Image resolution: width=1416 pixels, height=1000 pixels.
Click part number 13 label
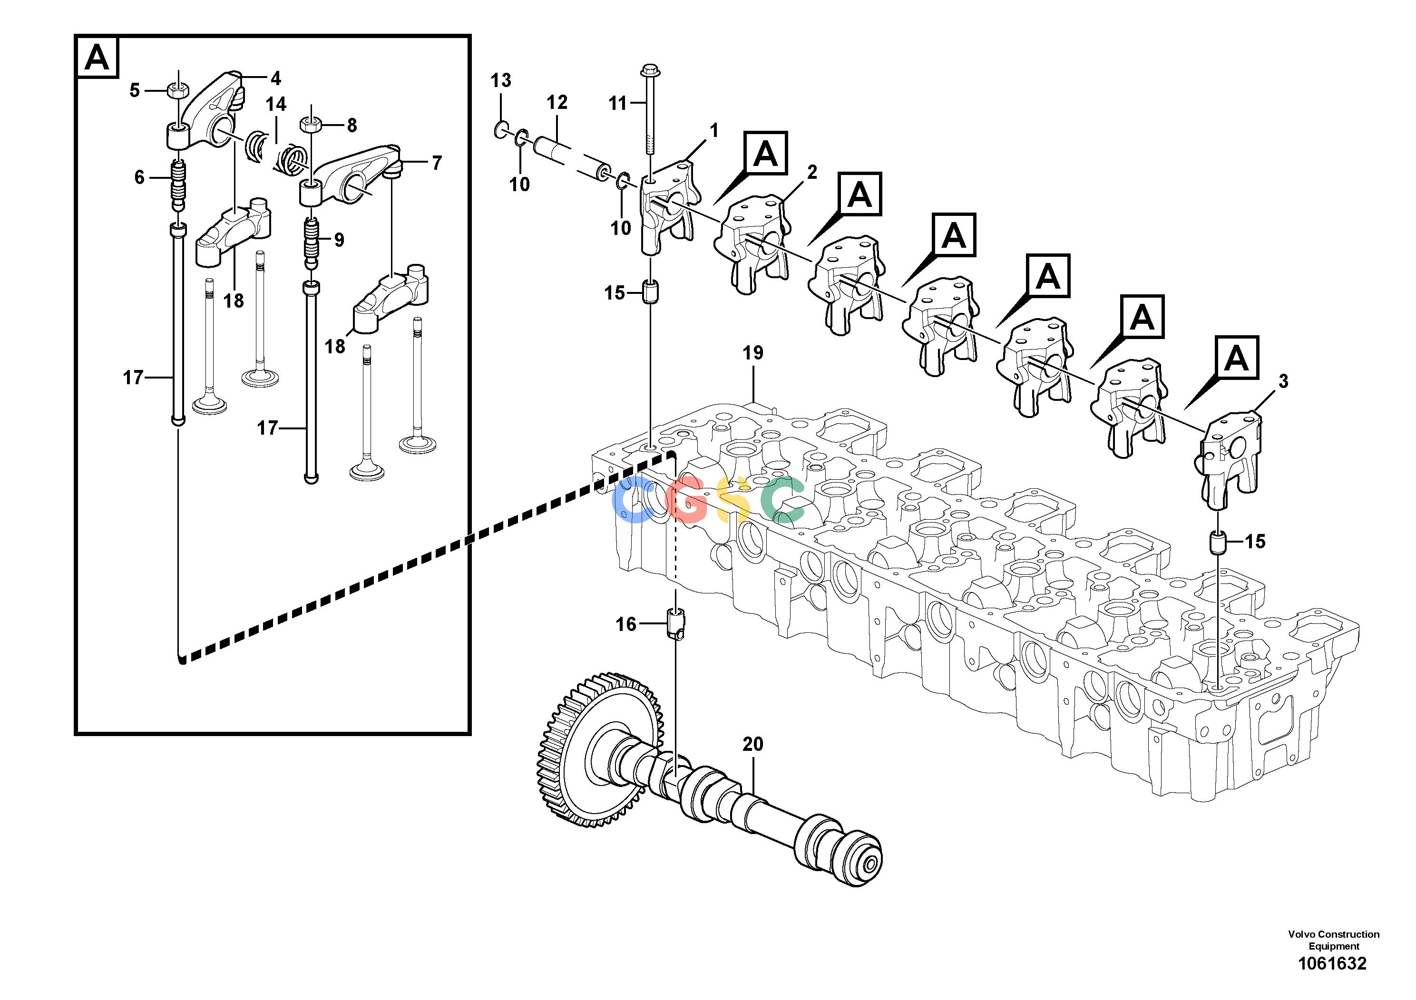tap(501, 80)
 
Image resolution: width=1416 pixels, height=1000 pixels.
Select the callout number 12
tap(557, 102)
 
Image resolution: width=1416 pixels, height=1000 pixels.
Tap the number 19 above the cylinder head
tap(753, 353)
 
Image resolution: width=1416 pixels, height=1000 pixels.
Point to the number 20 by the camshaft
tap(753, 744)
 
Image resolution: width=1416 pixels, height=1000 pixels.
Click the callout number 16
tap(626, 624)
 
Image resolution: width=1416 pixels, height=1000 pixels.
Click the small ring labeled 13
tap(501, 130)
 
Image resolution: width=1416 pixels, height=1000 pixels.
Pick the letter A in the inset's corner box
tap(97, 58)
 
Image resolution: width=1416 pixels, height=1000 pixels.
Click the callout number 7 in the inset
tap(437, 163)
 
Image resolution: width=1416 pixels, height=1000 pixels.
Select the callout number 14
tap(276, 104)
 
